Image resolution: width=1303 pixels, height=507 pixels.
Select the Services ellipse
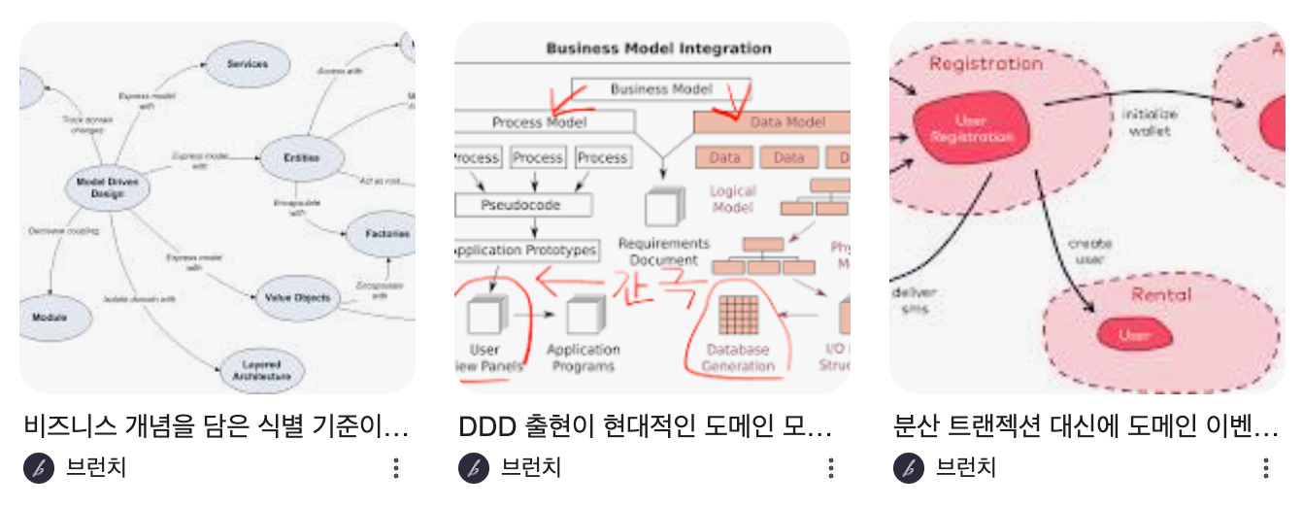[x=247, y=64]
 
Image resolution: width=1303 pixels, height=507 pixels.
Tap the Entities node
[x=301, y=157]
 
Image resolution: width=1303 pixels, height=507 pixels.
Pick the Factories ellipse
[x=386, y=233]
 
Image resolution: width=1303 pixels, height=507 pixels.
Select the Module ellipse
[x=49, y=318]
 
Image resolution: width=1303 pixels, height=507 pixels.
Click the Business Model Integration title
[x=659, y=48]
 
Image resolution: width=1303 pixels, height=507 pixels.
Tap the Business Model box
[x=660, y=89]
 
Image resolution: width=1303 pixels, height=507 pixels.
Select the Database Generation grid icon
[x=738, y=315]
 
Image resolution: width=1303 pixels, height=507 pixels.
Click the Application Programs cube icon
[x=585, y=315]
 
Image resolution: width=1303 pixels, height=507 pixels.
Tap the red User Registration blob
[x=970, y=129]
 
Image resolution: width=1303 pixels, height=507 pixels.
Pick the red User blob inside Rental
[x=1133, y=335]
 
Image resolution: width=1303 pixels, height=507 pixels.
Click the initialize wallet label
[x=1150, y=121]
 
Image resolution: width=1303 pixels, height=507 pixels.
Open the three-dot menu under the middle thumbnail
[x=831, y=468]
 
